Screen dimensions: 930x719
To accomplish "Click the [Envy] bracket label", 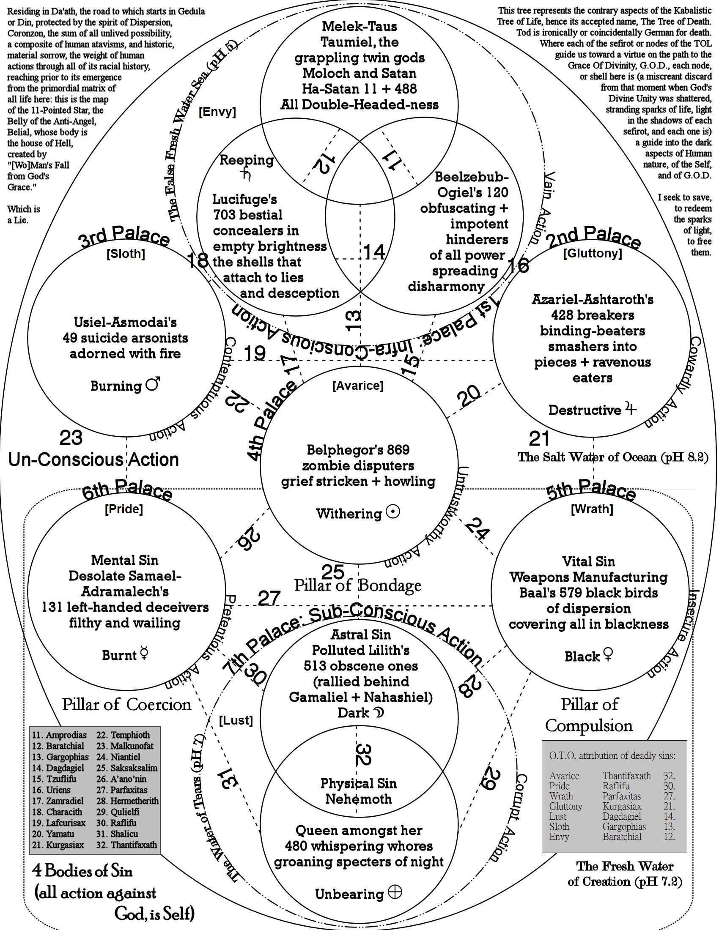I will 217,112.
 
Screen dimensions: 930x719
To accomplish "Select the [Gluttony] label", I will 593,254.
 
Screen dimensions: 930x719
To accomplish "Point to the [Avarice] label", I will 358,386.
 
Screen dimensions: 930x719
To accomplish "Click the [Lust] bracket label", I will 236,720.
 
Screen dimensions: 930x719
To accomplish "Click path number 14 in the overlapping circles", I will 373,252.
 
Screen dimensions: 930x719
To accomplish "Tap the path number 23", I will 71,438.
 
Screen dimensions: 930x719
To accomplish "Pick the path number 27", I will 269,598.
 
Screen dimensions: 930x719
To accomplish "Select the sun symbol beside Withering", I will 392,512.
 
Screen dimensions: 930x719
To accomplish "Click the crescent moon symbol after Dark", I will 378,712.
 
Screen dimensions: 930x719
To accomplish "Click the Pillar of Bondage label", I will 357,585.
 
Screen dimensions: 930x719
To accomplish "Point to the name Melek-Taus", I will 359,26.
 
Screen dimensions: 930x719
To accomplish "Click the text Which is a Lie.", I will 23,215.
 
